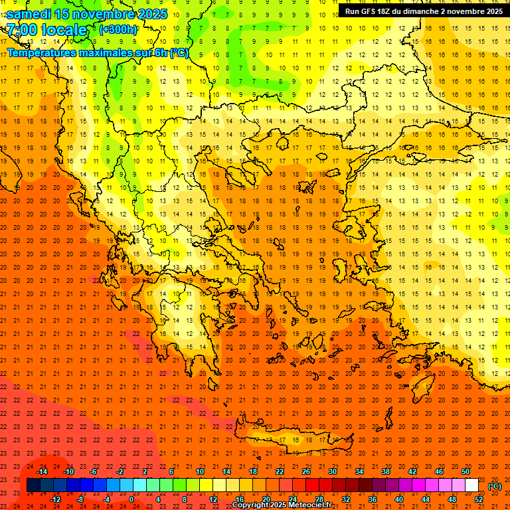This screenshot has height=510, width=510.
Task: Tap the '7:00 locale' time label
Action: click(x=46, y=30)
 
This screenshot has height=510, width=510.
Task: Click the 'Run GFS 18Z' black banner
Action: click(x=423, y=11)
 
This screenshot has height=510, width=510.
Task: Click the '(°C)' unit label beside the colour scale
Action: click(x=495, y=486)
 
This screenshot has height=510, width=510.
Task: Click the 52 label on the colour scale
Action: click(x=479, y=499)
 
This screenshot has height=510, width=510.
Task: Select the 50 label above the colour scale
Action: click(x=466, y=471)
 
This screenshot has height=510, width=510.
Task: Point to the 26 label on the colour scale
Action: click(x=306, y=471)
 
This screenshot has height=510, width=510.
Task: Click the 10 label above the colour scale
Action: click(x=200, y=471)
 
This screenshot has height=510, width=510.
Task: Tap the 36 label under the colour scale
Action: click(x=373, y=499)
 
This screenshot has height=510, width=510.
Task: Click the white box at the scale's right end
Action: click(x=471, y=485)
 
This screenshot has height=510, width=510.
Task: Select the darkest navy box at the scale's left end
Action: click(x=33, y=485)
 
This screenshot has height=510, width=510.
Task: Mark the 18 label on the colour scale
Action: click(x=253, y=471)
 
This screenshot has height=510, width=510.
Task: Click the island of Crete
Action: click(x=299, y=440)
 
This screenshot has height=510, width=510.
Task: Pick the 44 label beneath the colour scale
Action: click(x=426, y=499)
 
